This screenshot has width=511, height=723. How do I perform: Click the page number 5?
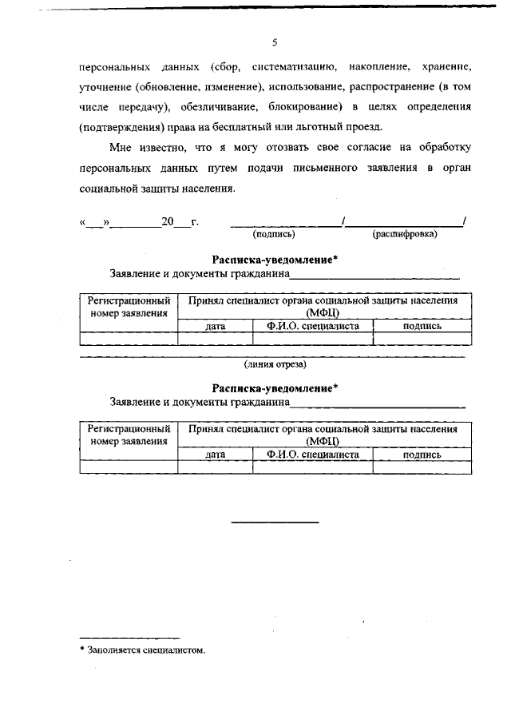(274, 43)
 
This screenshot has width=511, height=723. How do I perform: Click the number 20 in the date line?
(167, 221)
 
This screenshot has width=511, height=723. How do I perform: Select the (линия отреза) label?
(275, 364)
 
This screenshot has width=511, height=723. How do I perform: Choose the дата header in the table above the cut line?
(215, 326)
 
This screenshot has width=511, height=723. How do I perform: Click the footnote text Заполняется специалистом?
(142, 650)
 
